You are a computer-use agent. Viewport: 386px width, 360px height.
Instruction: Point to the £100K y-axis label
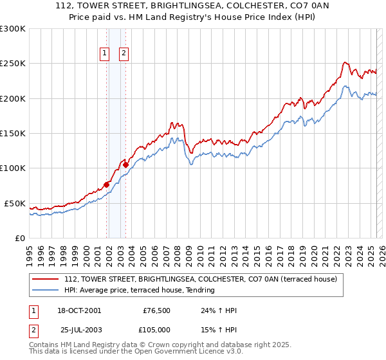coord(13,168)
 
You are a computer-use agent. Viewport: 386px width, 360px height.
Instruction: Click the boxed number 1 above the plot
coord(104,54)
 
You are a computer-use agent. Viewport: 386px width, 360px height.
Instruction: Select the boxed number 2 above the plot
coord(124,54)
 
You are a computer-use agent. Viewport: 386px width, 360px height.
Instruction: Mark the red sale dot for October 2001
coord(106,185)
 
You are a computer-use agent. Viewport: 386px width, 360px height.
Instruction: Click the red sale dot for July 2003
coord(126,165)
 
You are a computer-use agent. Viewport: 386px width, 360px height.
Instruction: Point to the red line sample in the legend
coord(44,280)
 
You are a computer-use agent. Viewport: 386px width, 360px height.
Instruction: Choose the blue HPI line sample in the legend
coord(44,291)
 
